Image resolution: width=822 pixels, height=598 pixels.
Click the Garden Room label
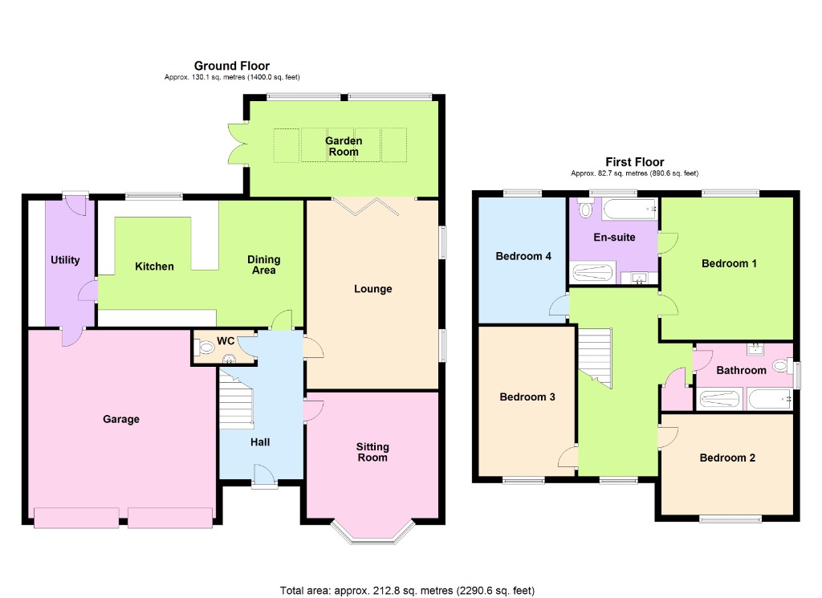click(x=344, y=146)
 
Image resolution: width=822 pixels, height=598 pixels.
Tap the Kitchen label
click(x=154, y=266)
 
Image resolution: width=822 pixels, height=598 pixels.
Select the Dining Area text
click(x=263, y=265)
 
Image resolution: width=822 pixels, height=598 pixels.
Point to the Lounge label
click(x=373, y=289)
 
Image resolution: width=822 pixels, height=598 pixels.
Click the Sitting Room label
click(x=372, y=452)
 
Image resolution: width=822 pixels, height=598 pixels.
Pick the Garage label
click(x=121, y=419)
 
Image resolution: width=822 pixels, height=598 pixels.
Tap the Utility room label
click(x=65, y=260)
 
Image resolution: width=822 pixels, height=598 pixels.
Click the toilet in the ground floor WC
click(x=205, y=348)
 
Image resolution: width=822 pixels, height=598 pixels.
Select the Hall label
click(x=259, y=442)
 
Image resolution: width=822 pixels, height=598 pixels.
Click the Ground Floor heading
click(x=232, y=66)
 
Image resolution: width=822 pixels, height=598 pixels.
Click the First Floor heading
click(x=635, y=162)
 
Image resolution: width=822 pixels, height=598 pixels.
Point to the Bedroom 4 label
click(x=523, y=257)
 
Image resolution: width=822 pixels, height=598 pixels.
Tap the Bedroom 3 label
click(x=527, y=397)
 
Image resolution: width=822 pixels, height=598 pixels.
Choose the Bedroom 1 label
click(x=729, y=263)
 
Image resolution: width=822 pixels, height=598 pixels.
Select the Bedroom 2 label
click(x=727, y=458)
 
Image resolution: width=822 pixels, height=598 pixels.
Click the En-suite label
click(x=615, y=238)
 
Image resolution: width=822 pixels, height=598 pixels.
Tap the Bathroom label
click(x=741, y=371)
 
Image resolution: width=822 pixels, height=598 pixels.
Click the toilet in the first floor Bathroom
click(x=780, y=367)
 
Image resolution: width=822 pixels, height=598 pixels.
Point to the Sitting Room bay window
click(x=373, y=533)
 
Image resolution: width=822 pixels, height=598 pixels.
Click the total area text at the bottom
click(x=407, y=591)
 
